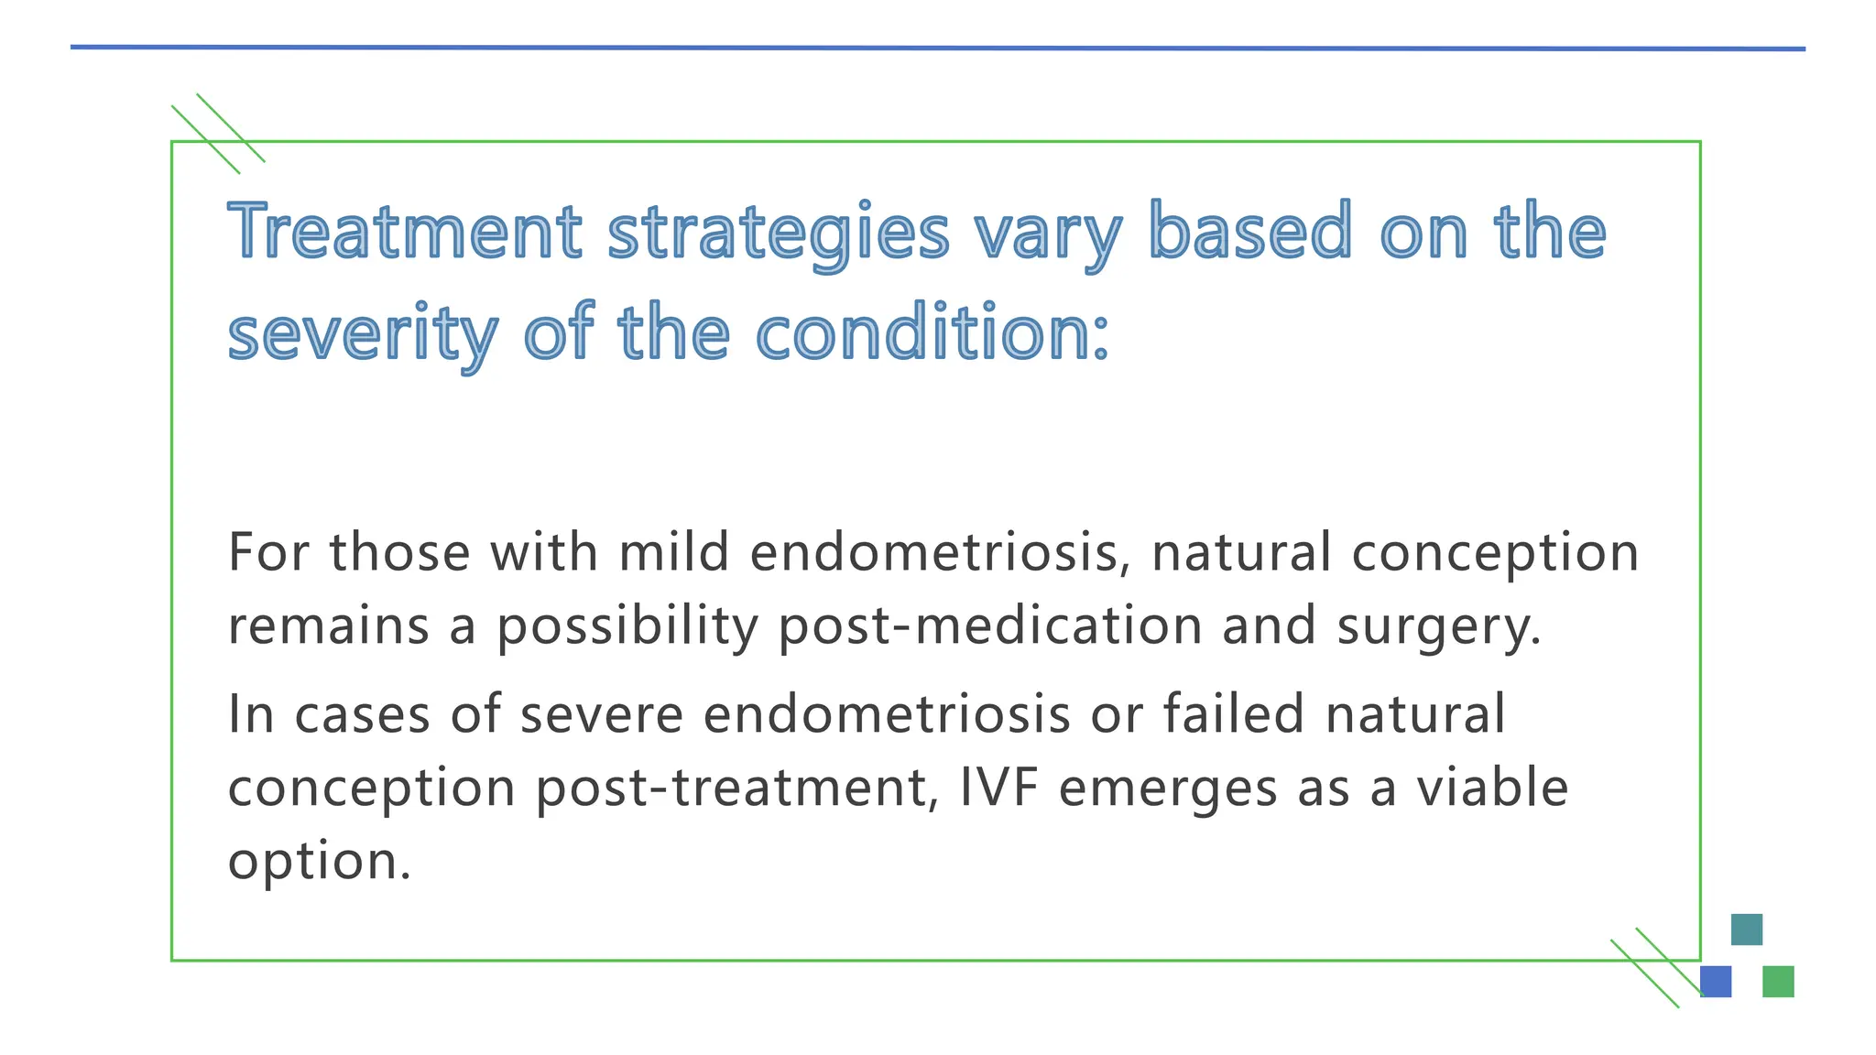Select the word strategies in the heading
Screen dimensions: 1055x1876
click(x=778, y=233)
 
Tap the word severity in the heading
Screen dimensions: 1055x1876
click(x=363, y=333)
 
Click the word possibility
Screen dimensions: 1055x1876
click(x=627, y=627)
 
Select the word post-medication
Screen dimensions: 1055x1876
click(x=990, y=625)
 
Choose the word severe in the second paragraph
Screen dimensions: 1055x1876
click(x=601, y=714)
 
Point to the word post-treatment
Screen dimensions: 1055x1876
click(x=737, y=788)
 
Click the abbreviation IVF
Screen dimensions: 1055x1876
click(x=998, y=788)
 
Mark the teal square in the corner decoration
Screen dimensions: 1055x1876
click(x=1746, y=930)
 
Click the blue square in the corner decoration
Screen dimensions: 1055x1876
click(x=1716, y=982)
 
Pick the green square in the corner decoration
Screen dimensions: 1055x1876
click(x=1777, y=982)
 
